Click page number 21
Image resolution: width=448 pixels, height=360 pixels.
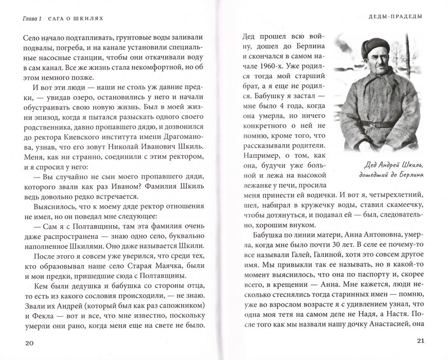tap(422, 343)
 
